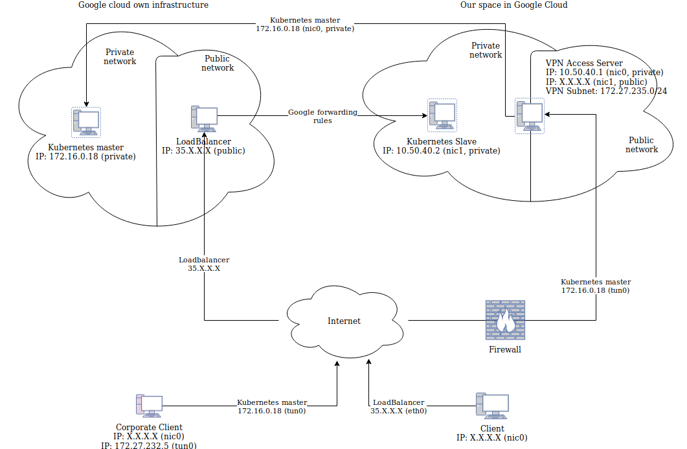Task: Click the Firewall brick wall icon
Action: click(505, 320)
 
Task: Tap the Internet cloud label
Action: click(344, 321)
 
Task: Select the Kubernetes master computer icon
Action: click(86, 122)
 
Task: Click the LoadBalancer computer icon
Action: click(204, 118)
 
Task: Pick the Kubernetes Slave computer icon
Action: click(442, 115)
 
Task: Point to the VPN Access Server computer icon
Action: click(529, 115)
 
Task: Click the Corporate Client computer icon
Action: click(149, 406)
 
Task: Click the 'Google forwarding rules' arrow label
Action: click(322, 116)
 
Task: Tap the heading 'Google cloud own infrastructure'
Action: click(143, 5)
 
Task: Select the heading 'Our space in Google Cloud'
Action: click(514, 5)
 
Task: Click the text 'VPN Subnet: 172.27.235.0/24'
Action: click(606, 91)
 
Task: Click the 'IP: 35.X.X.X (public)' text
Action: click(203, 151)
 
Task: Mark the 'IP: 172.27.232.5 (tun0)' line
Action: click(149, 445)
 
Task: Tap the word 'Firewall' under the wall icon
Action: click(504, 349)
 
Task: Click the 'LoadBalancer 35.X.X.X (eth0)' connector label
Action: click(398, 406)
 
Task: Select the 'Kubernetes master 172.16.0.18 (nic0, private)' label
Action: click(305, 25)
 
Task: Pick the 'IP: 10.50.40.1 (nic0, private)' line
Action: click(604, 73)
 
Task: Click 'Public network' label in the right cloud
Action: click(641, 144)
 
